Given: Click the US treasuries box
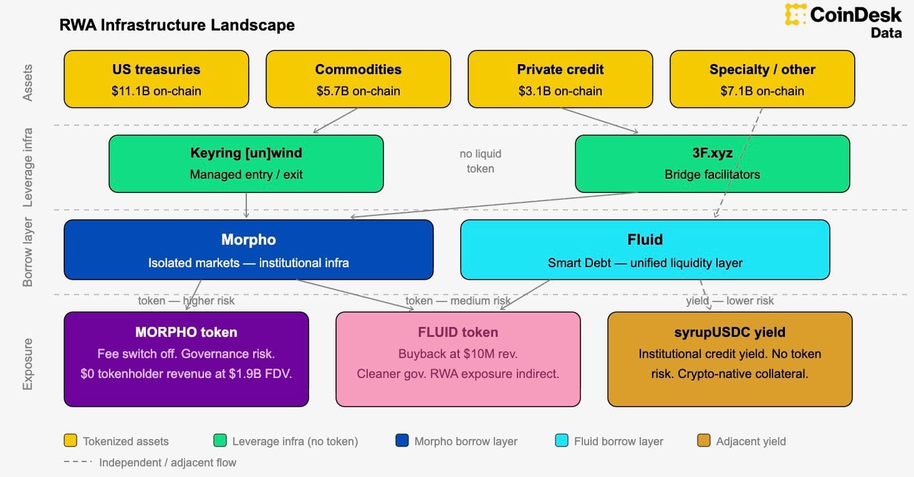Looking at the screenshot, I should pos(156,79).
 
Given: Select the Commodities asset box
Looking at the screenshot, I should pos(358,79).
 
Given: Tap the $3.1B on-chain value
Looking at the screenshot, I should pos(560,91).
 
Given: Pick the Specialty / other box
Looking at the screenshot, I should pos(762,79).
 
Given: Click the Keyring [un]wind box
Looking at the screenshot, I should pos(246,164).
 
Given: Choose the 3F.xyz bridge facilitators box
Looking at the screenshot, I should pos(712,164).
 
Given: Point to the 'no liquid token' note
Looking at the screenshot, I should pos(480,161).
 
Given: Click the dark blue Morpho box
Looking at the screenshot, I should pos(248,249).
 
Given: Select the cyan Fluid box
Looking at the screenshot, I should pos(645,249).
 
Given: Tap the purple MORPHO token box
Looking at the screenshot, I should pos(186,359).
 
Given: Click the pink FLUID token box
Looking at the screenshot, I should pos(458,359).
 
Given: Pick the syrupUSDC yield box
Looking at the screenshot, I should pos(729,359).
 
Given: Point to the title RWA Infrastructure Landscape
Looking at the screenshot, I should pos(177,25).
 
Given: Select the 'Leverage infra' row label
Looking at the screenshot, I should pos(27,168).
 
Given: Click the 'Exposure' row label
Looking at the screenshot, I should pos(27,364).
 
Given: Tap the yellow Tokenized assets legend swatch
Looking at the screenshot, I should pos(70,441).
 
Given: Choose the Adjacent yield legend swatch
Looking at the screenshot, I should pos(704,441).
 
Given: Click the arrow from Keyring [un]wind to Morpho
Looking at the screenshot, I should pos(246,205).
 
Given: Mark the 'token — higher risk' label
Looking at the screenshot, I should pos(186,301).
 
